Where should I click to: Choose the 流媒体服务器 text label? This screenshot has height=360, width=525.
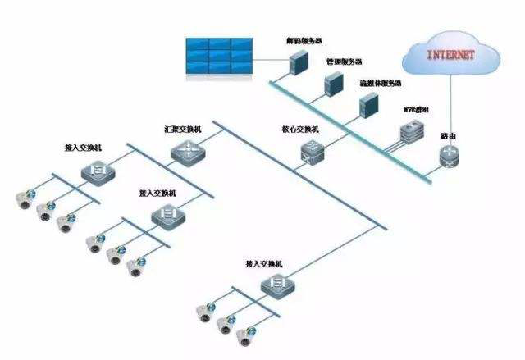[x=380, y=84]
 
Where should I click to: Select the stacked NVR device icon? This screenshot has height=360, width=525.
[x=409, y=132]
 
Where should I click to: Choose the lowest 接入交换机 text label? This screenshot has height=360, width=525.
[x=263, y=264]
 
